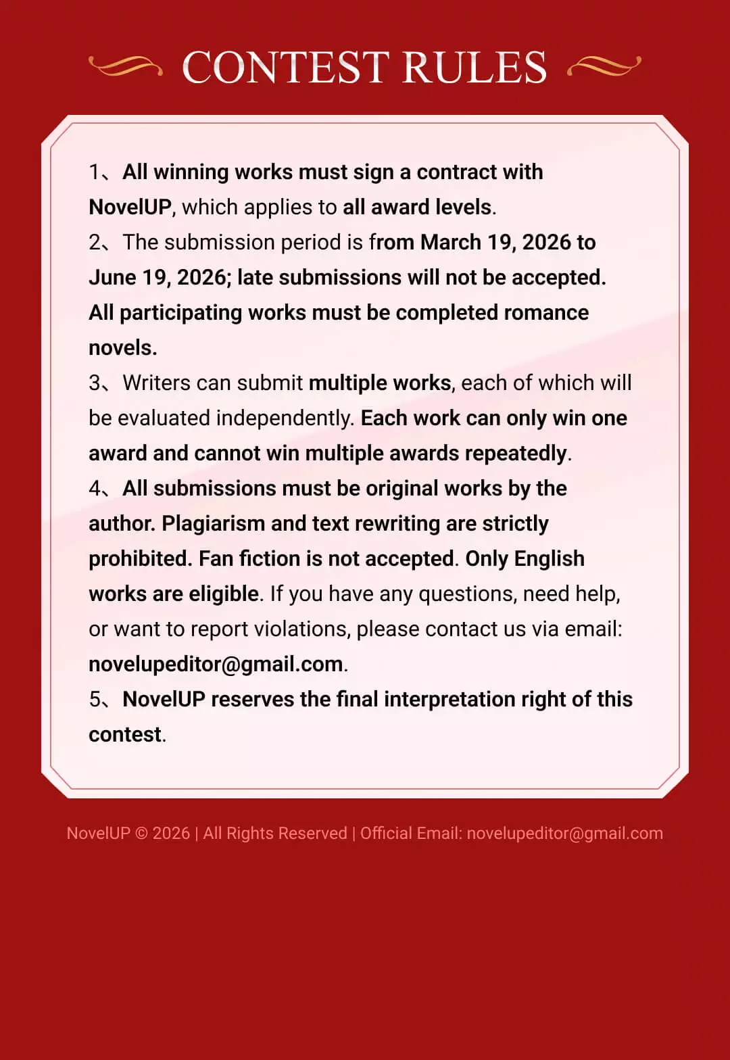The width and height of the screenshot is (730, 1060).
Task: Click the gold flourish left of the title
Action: tap(126, 66)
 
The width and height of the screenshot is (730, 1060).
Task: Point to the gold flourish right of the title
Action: tap(604, 66)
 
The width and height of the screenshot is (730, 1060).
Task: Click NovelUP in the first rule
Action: tap(130, 208)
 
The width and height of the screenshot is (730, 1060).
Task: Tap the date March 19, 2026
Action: tap(495, 243)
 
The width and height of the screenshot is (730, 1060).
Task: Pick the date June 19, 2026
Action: tap(157, 278)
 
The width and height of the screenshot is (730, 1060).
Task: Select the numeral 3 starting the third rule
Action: tap(95, 383)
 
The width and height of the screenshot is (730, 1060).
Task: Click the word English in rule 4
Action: tap(549, 559)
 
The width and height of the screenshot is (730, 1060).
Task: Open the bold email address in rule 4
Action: tap(216, 665)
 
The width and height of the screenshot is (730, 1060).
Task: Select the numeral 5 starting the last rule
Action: tap(95, 700)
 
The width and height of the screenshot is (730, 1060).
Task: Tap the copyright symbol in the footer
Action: tap(141, 834)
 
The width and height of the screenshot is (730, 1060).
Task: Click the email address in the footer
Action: tap(564, 834)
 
